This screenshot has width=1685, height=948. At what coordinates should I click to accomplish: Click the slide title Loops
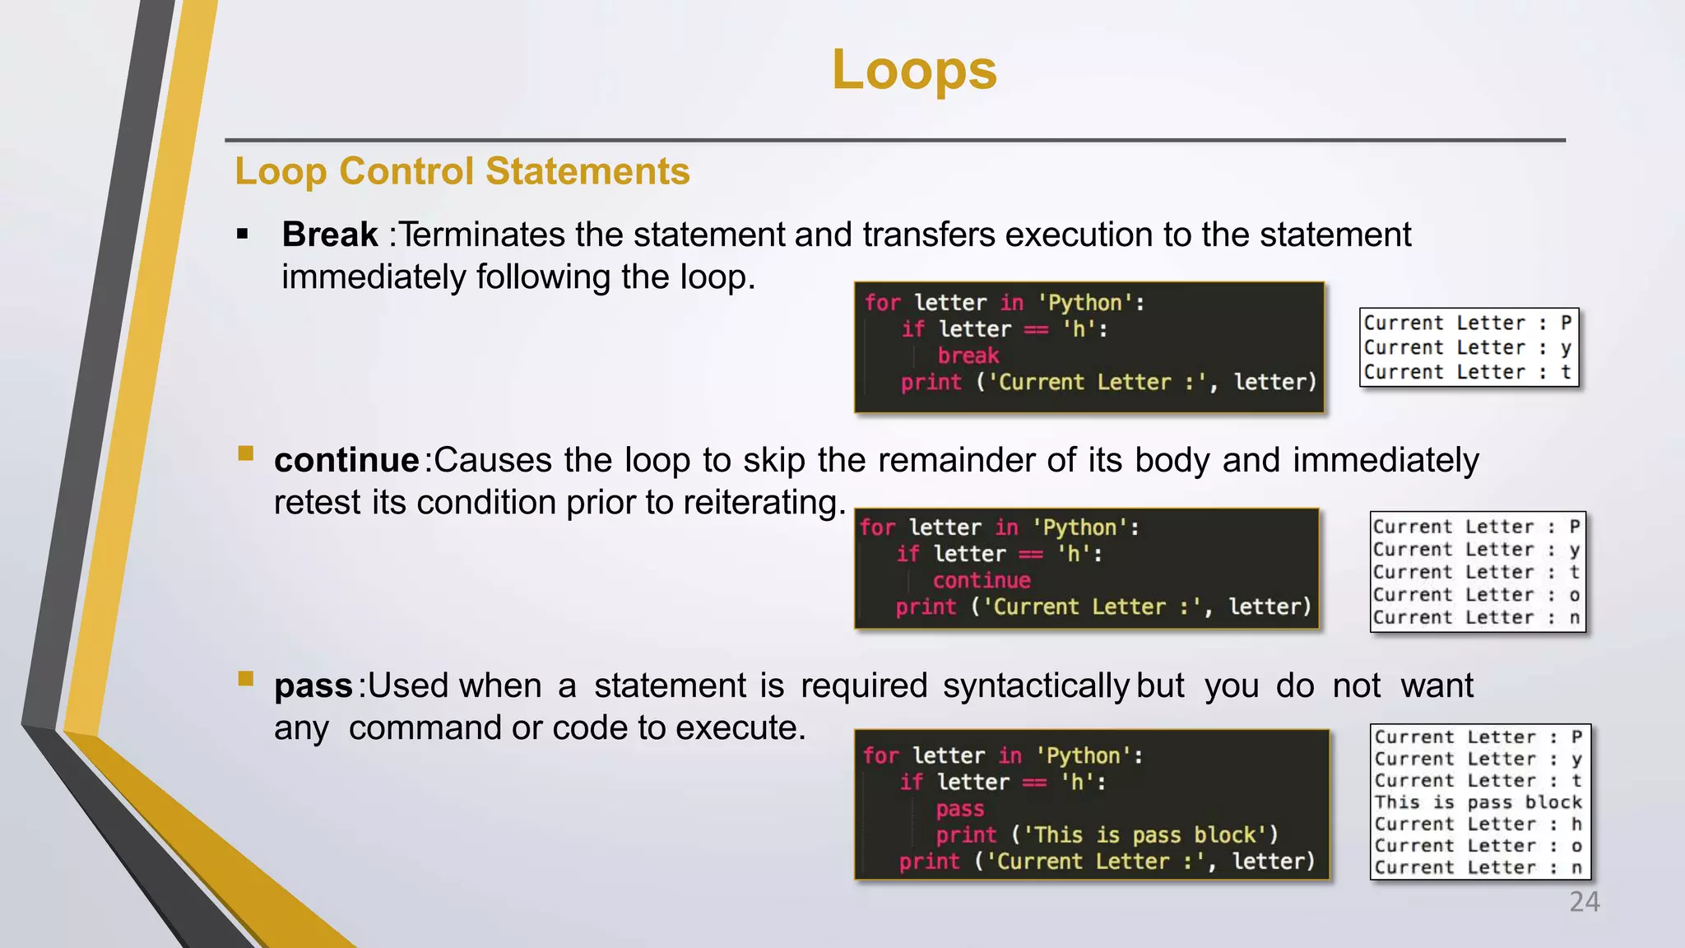pyautogui.click(x=914, y=70)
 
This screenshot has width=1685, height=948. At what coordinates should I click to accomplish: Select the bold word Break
pyautogui.click(x=329, y=235)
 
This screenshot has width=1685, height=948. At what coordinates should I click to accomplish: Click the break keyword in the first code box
pyautogui.click(x=968, y=355)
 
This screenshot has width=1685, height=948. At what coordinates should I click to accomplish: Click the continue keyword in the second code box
pyautogui.click(x=982, y=580)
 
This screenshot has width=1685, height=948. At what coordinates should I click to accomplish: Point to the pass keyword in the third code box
pyautogui.click(x=959, y=809)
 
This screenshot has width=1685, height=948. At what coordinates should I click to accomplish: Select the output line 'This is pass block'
pyautogui.click(x=1478, y=802)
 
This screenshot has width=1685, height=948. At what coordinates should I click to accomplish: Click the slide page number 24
pyautogui.click(x=1584, y=902)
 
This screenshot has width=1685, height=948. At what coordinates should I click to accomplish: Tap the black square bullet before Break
pyautogui.click(x=243, y=235)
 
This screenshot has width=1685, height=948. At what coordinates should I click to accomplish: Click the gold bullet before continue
pyautogui.click(x=245, y=453)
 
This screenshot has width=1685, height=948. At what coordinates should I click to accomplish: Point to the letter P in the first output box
pyautogui.click(x=1566, y=323)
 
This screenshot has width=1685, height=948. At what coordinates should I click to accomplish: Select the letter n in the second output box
pyautogui.click(x=1574, y=618)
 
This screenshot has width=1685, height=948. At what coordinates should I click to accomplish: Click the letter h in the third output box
pyautogui.click(x=1576, y=824)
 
